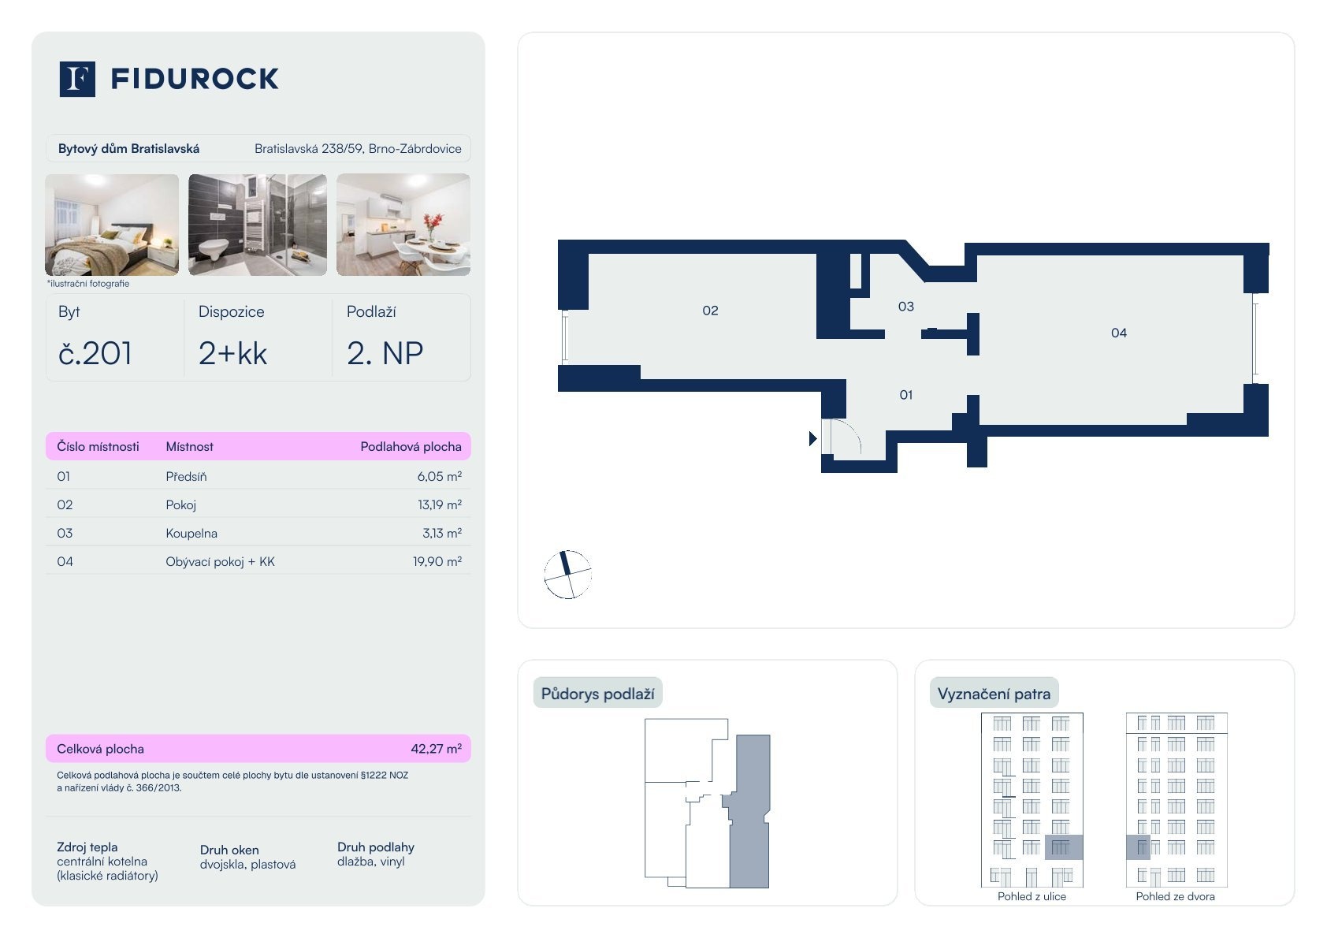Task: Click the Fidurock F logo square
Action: tap(77, 79)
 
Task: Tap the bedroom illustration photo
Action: tap(112, 225)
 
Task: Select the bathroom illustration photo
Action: tap(258, 225)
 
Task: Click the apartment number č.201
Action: tap(95, 353)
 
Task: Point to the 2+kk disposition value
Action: tap(232, 353)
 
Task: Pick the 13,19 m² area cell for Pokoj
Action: tap(439, 504)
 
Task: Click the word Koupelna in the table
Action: tap(191, 533)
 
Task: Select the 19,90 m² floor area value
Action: tap(437, 561)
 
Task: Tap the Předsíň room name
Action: tap(186, 476)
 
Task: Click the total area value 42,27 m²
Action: tap(436, 749)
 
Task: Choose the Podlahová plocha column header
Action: tap(411, 446)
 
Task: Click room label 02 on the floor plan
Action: tap(710, 311)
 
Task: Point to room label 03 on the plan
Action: tap(906, 307)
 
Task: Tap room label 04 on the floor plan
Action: tap(1119, 333)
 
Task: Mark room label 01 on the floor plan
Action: tap(906, 395)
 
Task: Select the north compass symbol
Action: tap(567, 575)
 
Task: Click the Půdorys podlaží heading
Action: tap(597, 694)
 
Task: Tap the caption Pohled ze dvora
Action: tap(1175, 896)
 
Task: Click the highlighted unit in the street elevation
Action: tap(1063, 847)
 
